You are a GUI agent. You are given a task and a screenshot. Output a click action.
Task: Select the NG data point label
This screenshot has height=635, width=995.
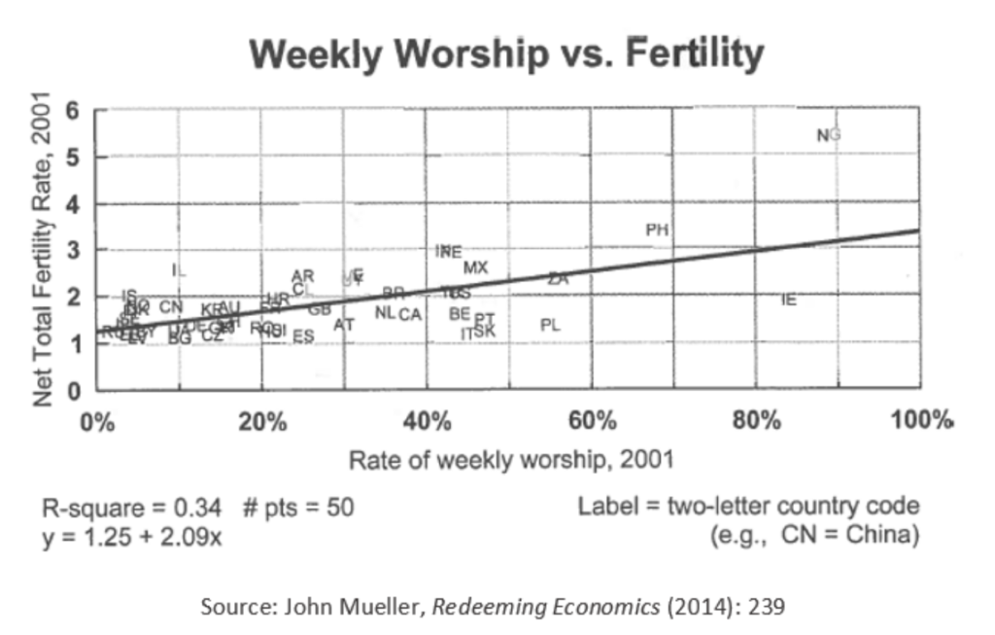tap(828, 135)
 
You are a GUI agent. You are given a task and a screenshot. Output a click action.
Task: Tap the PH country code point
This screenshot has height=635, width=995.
tap(657, 230)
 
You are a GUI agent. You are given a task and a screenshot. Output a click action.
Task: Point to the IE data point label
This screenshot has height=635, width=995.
tap(788, 300)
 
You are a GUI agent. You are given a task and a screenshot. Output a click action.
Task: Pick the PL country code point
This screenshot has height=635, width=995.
tap(550, 325)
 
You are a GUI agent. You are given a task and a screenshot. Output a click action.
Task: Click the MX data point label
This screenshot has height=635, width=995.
tap(475, 267)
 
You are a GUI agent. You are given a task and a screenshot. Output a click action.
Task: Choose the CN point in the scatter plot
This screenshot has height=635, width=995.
tap(171, 307)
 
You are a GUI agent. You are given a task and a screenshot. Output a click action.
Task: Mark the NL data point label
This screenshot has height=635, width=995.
tap(385, 312)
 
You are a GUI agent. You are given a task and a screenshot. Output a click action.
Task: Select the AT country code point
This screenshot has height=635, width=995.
tap(343, 325)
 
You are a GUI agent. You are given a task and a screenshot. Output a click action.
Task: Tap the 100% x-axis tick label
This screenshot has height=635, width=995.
tap(921, 422)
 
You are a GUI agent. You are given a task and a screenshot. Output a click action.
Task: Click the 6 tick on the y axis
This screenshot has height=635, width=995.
tap(74, 110)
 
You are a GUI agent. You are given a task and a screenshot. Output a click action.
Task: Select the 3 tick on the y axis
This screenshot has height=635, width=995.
tap(74, 251)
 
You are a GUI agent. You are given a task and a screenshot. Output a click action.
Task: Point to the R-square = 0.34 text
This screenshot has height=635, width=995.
tap(131, 508)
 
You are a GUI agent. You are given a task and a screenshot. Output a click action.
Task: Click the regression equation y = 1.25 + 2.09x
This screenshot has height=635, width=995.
tap(131, 535)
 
